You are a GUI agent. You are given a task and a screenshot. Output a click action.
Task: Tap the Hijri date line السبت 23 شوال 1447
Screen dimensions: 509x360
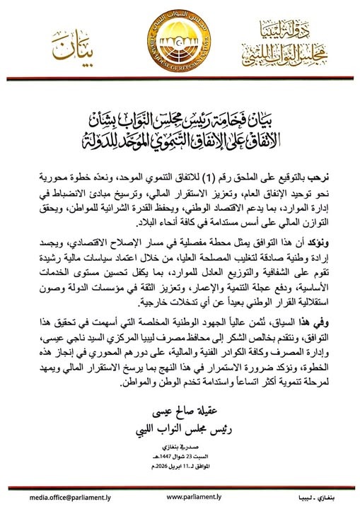coord(180,459)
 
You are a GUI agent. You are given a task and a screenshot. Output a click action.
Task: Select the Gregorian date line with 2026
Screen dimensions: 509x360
coord(180,469)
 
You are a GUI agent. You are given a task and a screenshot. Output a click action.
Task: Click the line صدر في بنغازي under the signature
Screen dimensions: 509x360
coord(180,449)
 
